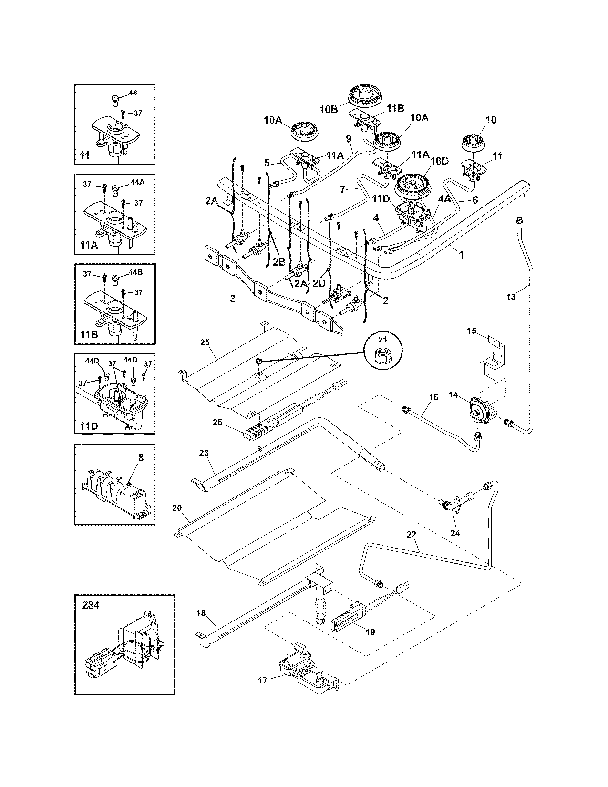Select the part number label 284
click(x=91, y=605)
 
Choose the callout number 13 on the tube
click(x=510, y=297)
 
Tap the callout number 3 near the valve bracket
click(x=232, y=299)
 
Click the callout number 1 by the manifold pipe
click(x=461, y=255)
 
